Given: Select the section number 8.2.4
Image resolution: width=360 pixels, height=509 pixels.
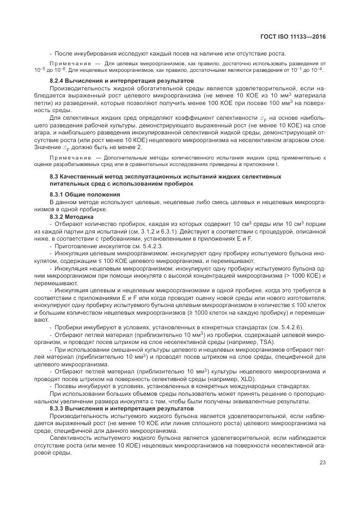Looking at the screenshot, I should pyautogui.click(x=58, y=81).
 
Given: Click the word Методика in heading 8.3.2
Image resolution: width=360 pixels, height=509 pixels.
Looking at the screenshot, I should pyautogui.click(x=82, y=216).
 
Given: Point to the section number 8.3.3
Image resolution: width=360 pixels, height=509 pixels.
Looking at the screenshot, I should pyautogui.click(x=58, y=408).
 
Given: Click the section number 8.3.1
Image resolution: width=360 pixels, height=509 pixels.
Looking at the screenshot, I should pyautogui.click(x=58, y=194).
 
